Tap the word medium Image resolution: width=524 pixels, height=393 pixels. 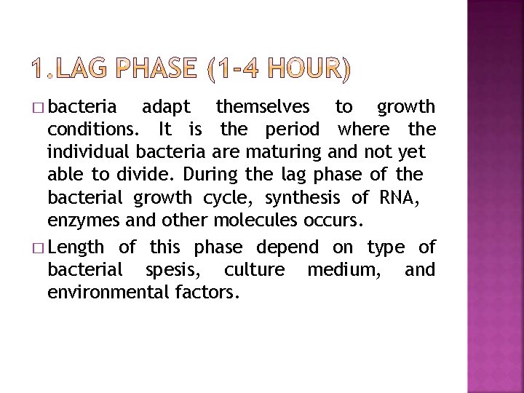(x=339, y=271)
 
